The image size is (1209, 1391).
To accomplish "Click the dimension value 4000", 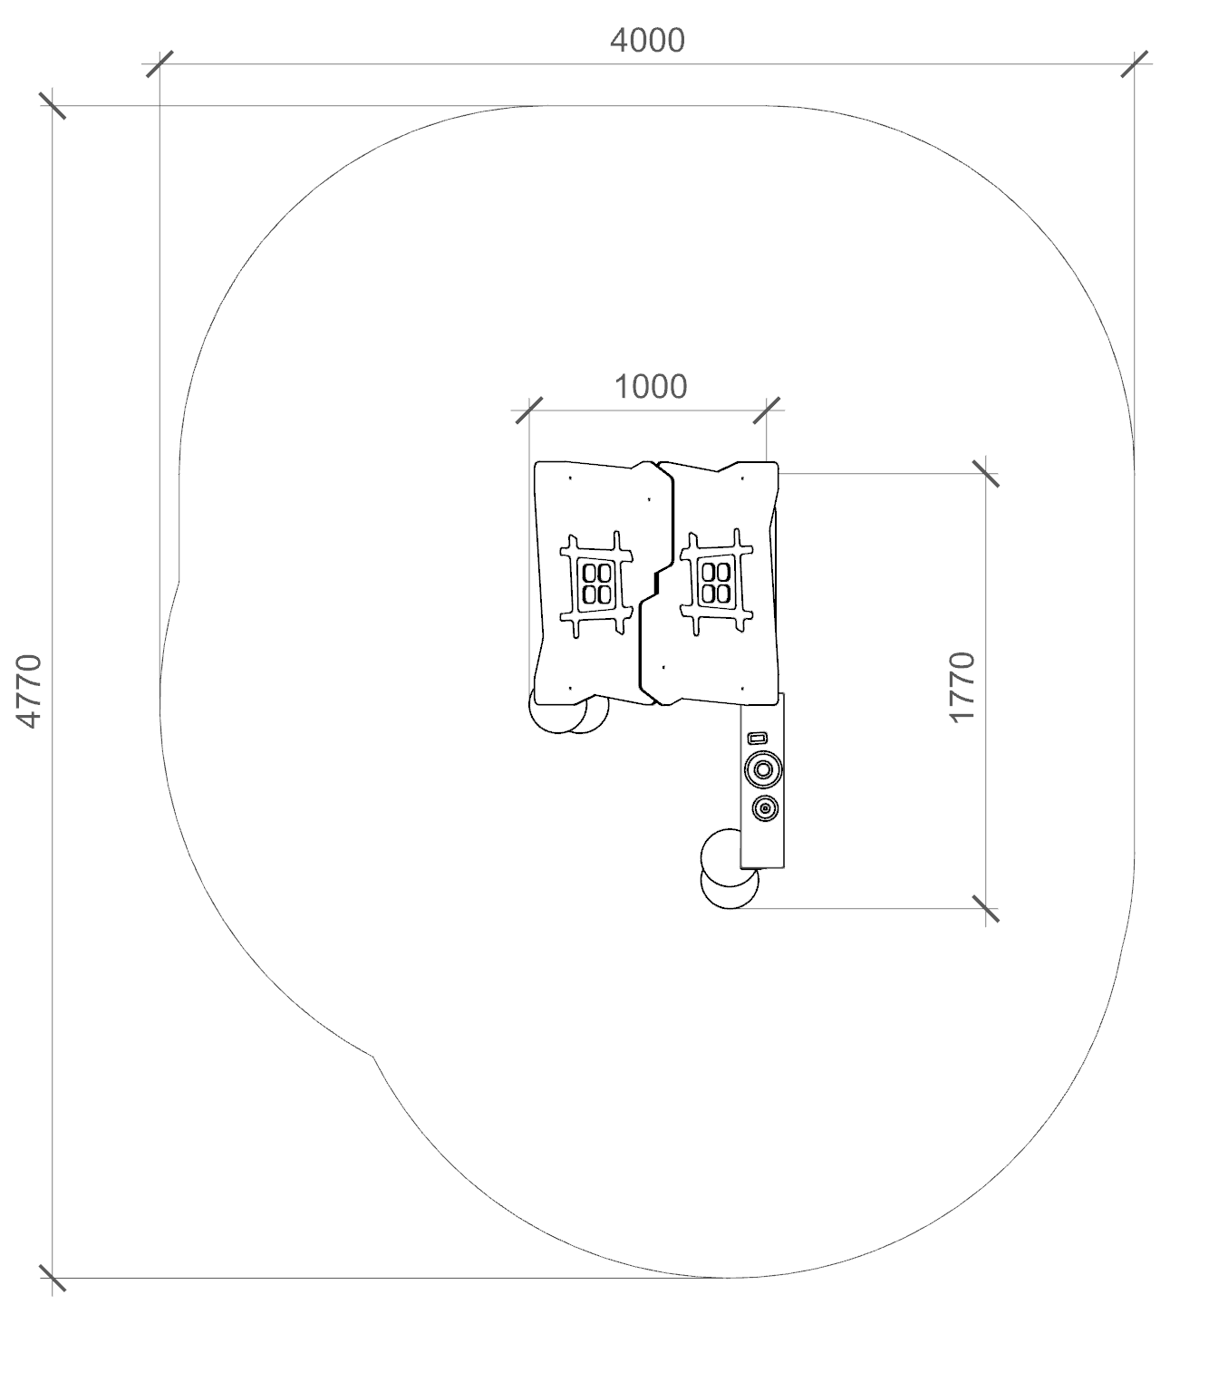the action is (647, 41).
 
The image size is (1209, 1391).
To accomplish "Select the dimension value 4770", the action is (29, 691).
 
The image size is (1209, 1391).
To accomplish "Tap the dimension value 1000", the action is (650, 387).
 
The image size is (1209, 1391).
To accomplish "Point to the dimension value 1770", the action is (962, 687).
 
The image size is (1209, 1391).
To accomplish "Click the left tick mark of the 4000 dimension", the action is (160, 64).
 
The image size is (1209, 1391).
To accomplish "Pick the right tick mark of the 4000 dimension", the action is (1134, 64).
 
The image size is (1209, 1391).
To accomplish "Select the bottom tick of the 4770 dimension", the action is (53, 1278).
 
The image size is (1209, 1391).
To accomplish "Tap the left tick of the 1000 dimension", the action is (529, 410).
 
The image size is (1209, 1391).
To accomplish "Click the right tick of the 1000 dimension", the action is (767, 410).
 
